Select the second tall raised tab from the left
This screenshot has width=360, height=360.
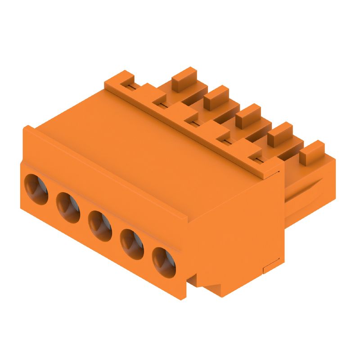216,96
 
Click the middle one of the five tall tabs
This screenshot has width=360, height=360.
248,115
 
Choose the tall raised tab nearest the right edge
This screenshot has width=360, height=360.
312,152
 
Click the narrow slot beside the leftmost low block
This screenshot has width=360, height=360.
130,86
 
